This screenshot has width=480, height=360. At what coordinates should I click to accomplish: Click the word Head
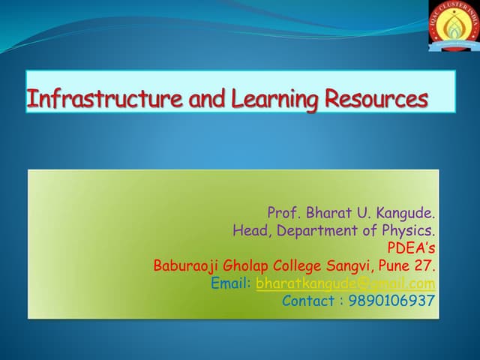coord(250,231)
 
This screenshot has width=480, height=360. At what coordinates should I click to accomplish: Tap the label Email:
coord(231,283)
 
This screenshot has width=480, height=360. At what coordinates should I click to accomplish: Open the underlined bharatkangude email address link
coord(345,283)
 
